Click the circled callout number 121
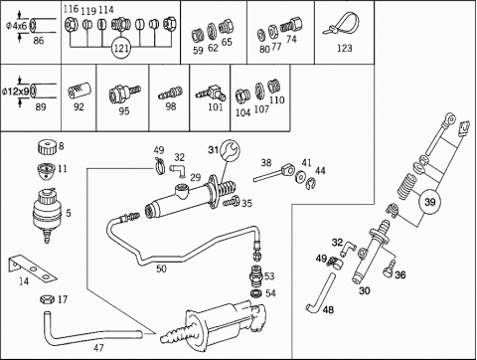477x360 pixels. [x=121, y=49]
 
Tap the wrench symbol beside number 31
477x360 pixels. [x=231, y=150]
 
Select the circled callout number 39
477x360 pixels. [x=430, y=202]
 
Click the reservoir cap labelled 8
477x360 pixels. [x=48, y=147]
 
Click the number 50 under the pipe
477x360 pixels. [x=161, y=269]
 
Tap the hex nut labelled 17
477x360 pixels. [x=47, y=299]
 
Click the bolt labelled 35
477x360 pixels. [x=231, y=201]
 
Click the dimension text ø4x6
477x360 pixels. [x=17, y=26]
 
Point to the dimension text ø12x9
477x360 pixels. [x=16, y=91]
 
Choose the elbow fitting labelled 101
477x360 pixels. [x=212, y=93]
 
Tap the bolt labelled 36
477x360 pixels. [x=389, y=269]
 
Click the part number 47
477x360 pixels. [x=98, y=348]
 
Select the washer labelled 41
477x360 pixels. [x=301, y=177]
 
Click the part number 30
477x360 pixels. [x=365, y=290]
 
